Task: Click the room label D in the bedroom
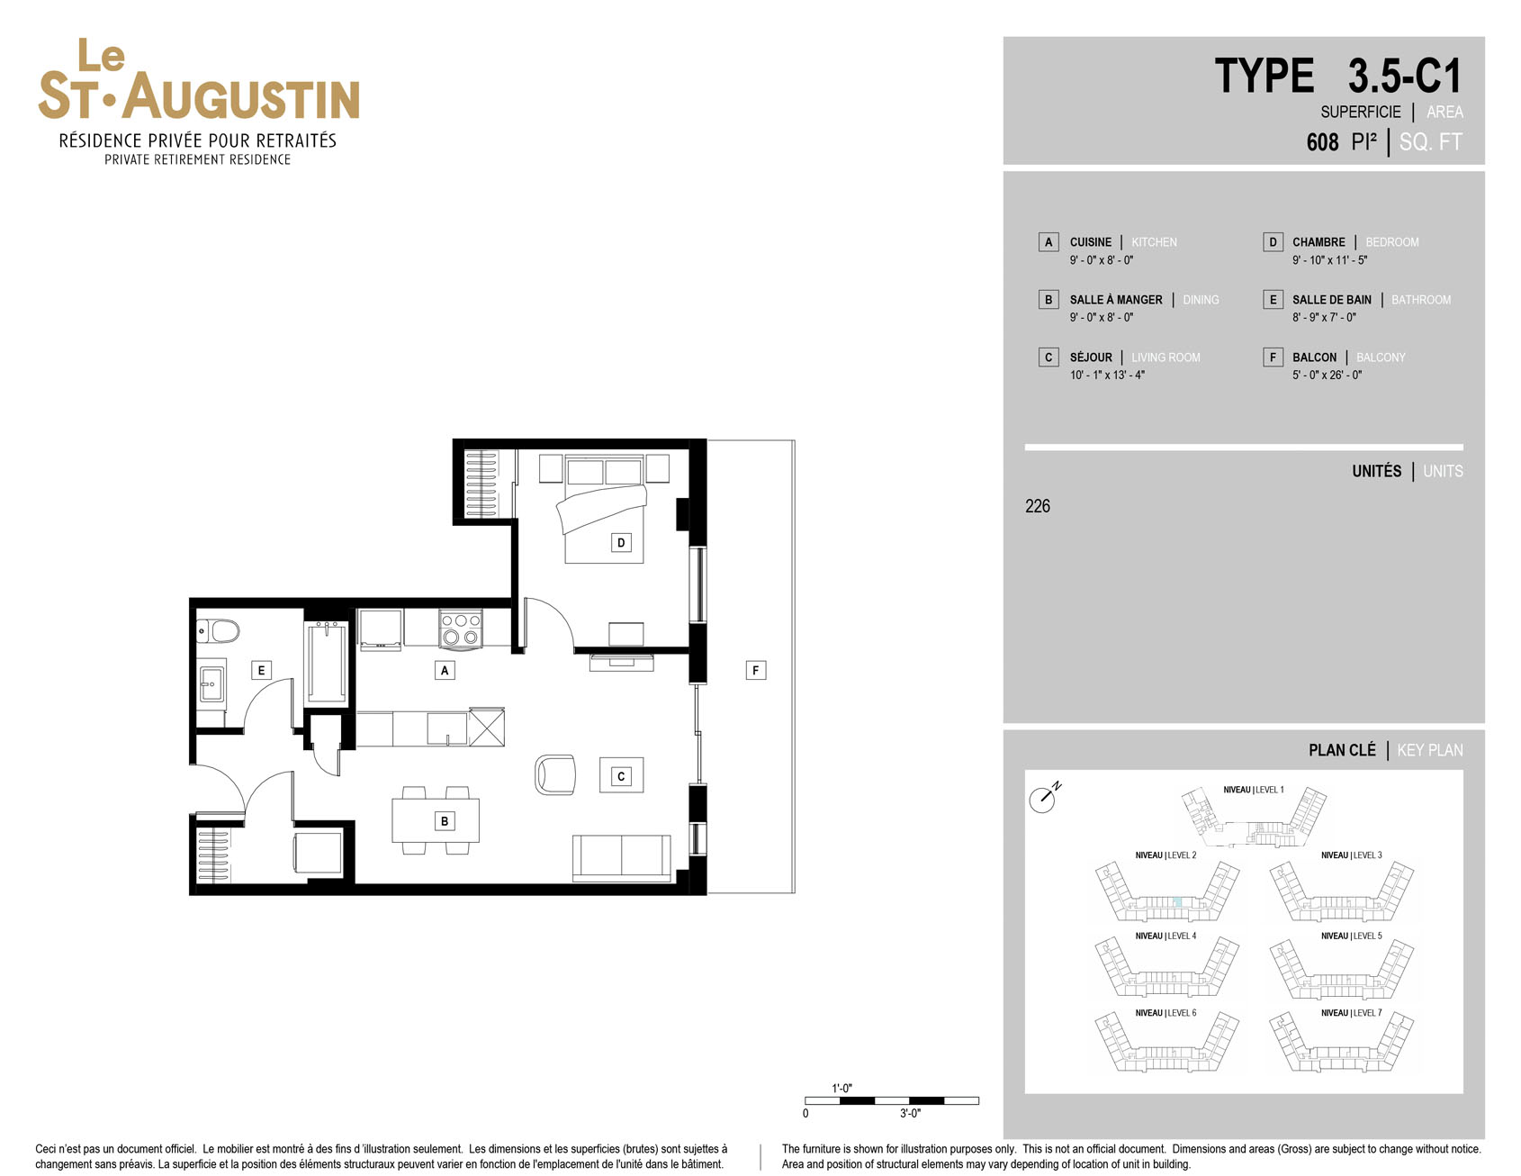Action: coord(621,542)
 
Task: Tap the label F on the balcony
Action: coord(756,670)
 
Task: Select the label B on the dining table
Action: coord(445,821)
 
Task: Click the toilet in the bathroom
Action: coord(219,630)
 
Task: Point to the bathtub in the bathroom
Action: coord(326,662)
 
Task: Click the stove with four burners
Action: coord(461,629)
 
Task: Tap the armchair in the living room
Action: coord(555,774)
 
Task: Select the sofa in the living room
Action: coord(622,858)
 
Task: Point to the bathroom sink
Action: coord(211,684)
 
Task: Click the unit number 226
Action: coord(1038,506)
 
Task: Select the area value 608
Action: coord(1322,142)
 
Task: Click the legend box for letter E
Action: coord(1273,300)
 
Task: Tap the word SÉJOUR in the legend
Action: coord(1091,357)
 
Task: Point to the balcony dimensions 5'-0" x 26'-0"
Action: coord(1327,375)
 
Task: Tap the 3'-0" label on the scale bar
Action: coord(910,1114)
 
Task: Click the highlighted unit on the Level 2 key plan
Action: coord(1177,902)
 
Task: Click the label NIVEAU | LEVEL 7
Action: coord(1352,1013)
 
